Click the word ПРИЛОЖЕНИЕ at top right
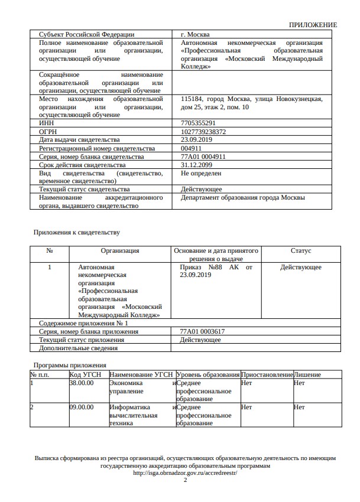(313, 25)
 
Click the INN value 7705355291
(198, 123)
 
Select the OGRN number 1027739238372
(203, 131)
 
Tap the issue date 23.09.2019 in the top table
(196, 139)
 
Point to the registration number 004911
(192, 148)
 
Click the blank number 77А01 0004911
(203, 157)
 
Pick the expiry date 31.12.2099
(196, 165)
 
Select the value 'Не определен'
(201, 174)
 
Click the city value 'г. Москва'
(195, 34)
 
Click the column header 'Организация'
(120, 250)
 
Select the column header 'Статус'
(301, 250)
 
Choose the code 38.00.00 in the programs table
(82, 383)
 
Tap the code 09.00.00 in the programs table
(82, 407)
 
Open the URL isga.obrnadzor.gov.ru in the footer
(185, 472)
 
